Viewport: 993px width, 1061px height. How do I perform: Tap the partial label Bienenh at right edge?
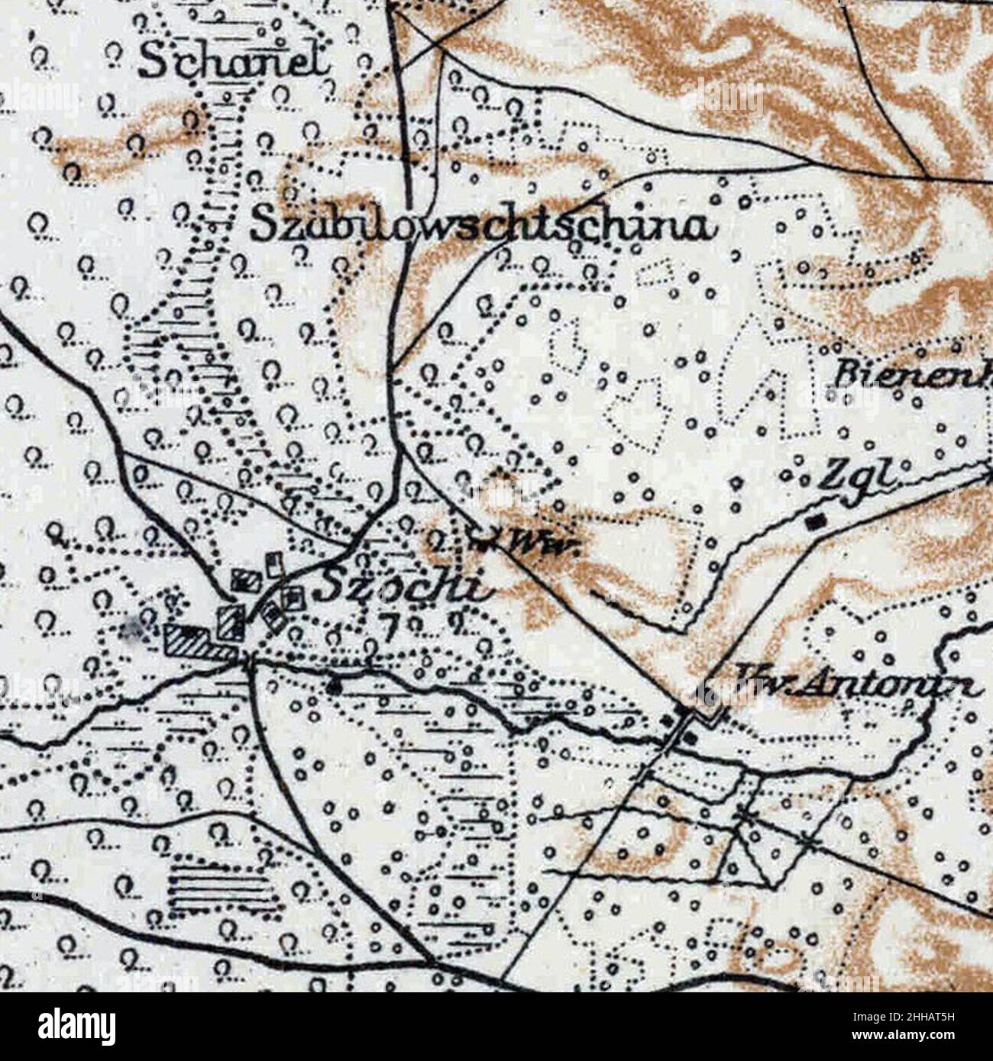[913, 376]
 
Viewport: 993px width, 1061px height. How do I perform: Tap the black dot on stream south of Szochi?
[333, 686]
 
